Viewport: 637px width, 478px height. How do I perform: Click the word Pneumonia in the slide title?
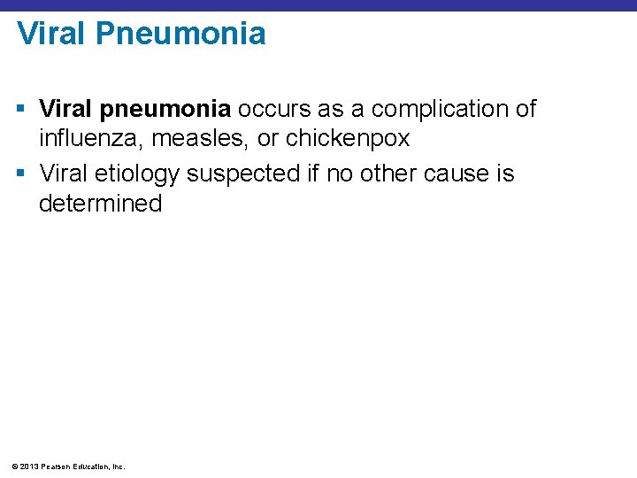pyautogui.click(x=180, y=35)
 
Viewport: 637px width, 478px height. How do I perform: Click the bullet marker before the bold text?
pyautogui.click(x=22, y=109)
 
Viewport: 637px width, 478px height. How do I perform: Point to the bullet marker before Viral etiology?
pyautogui.click(x=22, y=173)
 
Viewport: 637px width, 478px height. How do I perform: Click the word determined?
pyautogui.click(x=100, y=204)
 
